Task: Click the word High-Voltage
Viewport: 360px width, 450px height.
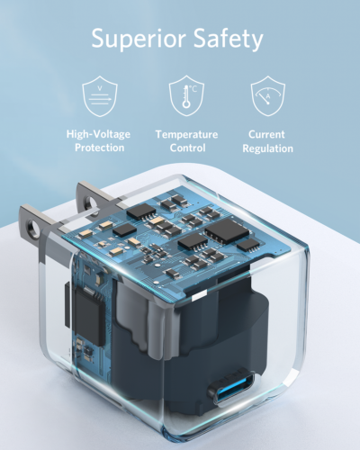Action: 99,134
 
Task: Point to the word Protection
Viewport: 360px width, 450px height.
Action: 99,148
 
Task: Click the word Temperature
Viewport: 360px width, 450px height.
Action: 186,134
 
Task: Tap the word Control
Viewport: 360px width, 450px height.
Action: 186,148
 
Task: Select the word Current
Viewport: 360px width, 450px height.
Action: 267,134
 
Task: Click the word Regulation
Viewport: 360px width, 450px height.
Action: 267,148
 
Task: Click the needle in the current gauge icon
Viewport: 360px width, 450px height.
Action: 266,94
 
